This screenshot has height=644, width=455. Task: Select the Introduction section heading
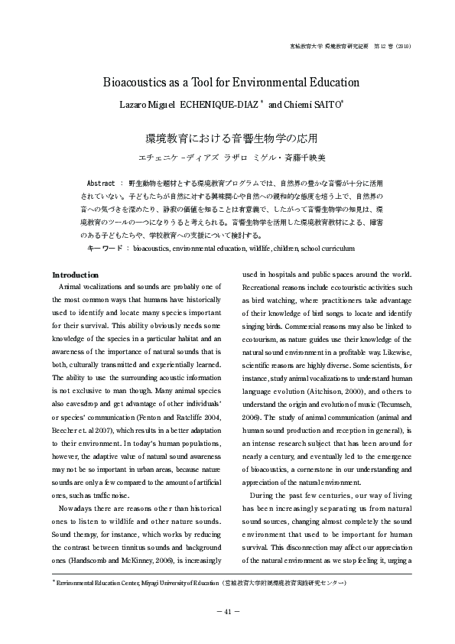pyautogui.click(x=75, y=253)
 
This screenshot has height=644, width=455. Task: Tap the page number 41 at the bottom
pyautogui.click(x=228, y=612)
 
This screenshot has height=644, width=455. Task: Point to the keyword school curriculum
pyautogui.click(x=330, y=227)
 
